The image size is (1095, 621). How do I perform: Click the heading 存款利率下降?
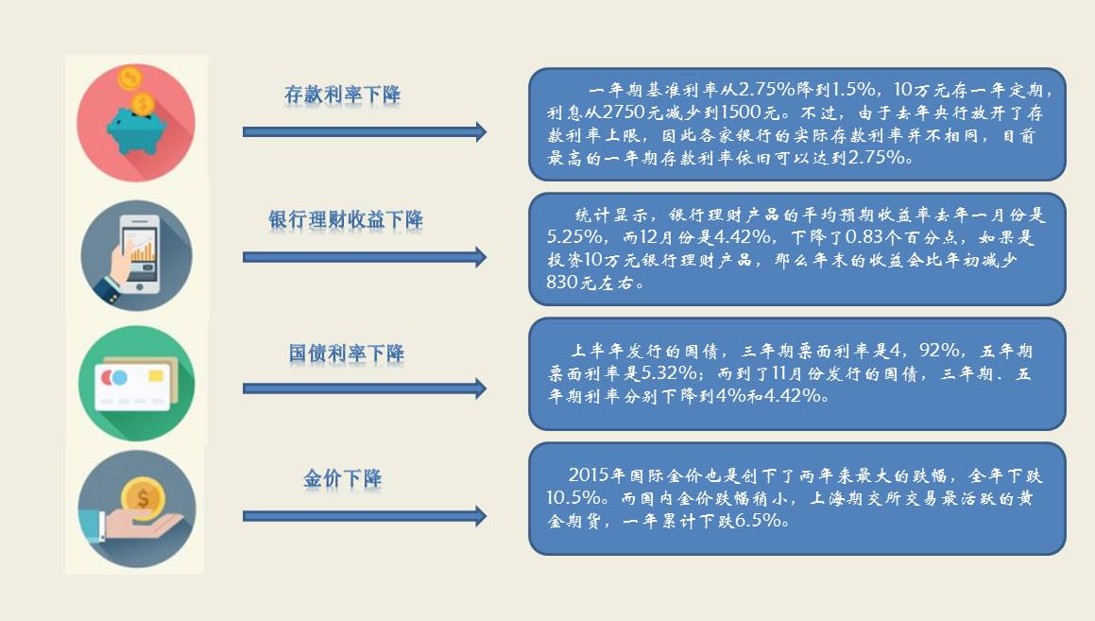click(x=342, y=95)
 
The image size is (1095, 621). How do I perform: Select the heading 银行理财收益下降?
click(x=346, y=220)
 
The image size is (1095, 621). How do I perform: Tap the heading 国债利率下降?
click(x=346, y=354)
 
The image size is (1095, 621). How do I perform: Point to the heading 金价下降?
click(x=342, y=478)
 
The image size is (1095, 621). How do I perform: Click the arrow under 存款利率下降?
click(x=364, y=132)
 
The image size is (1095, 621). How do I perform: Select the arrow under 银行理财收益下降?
click(x=364, y=257)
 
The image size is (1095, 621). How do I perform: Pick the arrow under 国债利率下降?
click(x=364, y=388)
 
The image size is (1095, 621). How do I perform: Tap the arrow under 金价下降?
click(x=364, y=516)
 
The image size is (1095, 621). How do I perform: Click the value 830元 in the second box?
click(x=578, y=283)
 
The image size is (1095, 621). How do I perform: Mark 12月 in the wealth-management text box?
click(x=662, y=236)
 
